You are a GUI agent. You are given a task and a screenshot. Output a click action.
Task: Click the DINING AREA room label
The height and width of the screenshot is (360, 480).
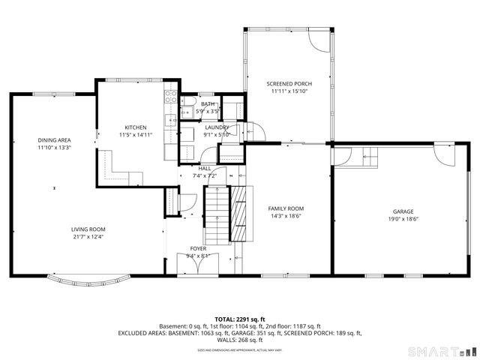[54, 139]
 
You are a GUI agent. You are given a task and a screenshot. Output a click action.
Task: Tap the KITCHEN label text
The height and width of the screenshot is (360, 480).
[136, 127]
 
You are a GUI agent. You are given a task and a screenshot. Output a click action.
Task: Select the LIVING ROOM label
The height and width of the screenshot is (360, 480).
[88, 229]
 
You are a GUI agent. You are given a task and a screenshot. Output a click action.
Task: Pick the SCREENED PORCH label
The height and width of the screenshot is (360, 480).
[289, 83]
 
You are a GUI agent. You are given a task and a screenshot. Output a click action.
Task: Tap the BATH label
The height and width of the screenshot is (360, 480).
[207, 104]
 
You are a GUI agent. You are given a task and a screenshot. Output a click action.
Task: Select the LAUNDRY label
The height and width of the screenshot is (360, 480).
[217, 128]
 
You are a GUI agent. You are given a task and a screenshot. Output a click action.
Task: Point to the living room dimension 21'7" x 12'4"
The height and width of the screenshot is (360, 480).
[88, 237]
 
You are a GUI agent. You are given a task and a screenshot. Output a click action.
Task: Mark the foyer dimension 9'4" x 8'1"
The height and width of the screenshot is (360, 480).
[198, 255]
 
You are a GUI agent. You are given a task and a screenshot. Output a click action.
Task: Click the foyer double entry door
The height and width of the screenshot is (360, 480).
[196, 265]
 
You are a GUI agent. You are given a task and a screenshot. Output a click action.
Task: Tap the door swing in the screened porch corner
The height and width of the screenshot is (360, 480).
[319, 40]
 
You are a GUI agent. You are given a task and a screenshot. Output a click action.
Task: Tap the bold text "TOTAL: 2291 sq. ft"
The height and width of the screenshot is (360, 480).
[239, 319]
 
